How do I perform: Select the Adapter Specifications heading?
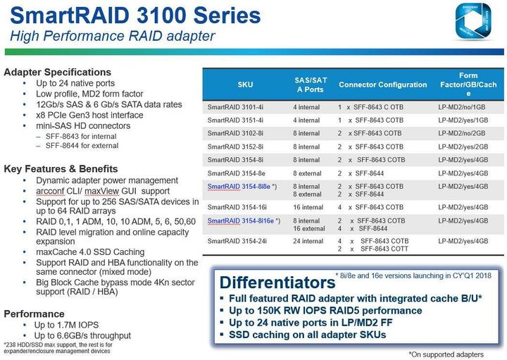(58, 72)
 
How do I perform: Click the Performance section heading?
(34, 314)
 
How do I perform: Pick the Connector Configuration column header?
(382, 85)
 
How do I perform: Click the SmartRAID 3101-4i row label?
(235, 107)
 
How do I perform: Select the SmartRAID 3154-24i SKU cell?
(237, 241)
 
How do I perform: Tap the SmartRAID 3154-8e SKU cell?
(236, 173)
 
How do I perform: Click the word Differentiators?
(277, 283)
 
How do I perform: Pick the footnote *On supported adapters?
(446, 354)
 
